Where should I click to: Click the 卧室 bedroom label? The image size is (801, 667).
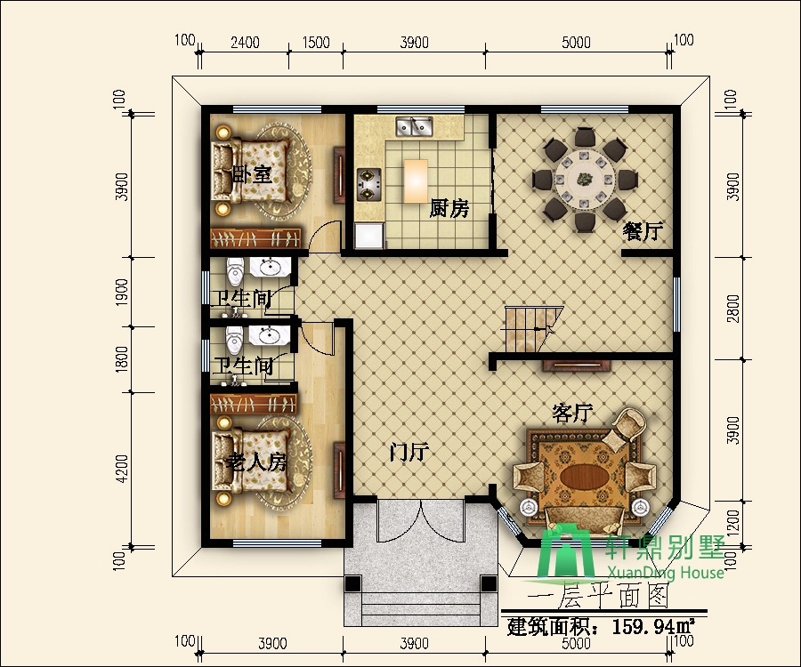pyautogui.click(x=252, y=174)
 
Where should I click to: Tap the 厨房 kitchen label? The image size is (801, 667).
pyautogui.click(x=449, y=208)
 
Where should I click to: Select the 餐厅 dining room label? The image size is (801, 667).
pyautogui.click(x=643, y=231)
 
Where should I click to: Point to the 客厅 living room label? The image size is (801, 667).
pyautogui.click(x=572, y=413)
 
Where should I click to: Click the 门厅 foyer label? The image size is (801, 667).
pyautogui.click(x=409, y=452)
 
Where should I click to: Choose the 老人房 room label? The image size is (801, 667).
pyautogui.click(x=256, y=462)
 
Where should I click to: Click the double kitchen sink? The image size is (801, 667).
pyautogui.click(x=414, y=126)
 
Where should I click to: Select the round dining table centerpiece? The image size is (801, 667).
pyautogui.click(x=583, y=179)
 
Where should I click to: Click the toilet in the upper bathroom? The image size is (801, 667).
pyautogui.click(x=236, y=271)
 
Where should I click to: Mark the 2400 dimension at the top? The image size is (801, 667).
pyautogui.click(x=245, y=43)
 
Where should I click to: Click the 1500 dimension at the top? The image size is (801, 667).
pyautogui.click(x=316, y=43)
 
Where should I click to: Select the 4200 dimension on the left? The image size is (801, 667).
pyautogui.click(x=122, y=469)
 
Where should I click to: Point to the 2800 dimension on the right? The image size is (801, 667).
pyautogui.click(x=733, y=309)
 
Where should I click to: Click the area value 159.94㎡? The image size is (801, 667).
pyautogui.click(x=653, y=626)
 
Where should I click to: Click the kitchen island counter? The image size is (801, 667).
pyautogui.click(x=416, y=181)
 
